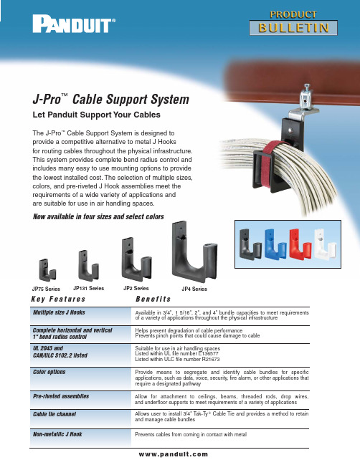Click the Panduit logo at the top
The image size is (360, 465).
pos(74,24)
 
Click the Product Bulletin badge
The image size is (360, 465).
pos(293,23)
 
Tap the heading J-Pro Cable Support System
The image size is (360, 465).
pos(110,99)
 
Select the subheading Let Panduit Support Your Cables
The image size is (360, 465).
pos(97,115)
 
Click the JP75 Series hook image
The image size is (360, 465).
pos(47,270)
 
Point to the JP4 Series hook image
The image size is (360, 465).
pos(194,251)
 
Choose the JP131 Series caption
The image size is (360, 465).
pos(88,288)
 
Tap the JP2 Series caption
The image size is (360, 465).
pos(136,288)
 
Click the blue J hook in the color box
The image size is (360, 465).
pos(275,244)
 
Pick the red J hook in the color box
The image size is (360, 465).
pos(300,244)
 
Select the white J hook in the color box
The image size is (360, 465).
pos(325,244)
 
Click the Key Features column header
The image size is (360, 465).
pos(58,299)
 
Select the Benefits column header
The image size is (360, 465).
pos(153,299)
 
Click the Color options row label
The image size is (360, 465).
pos(49,372)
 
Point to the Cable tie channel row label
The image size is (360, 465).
pos(55,414)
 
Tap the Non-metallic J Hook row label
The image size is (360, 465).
pos(57,434)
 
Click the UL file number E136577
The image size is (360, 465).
pos(207,353)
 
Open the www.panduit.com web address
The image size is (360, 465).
pos(174,454)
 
